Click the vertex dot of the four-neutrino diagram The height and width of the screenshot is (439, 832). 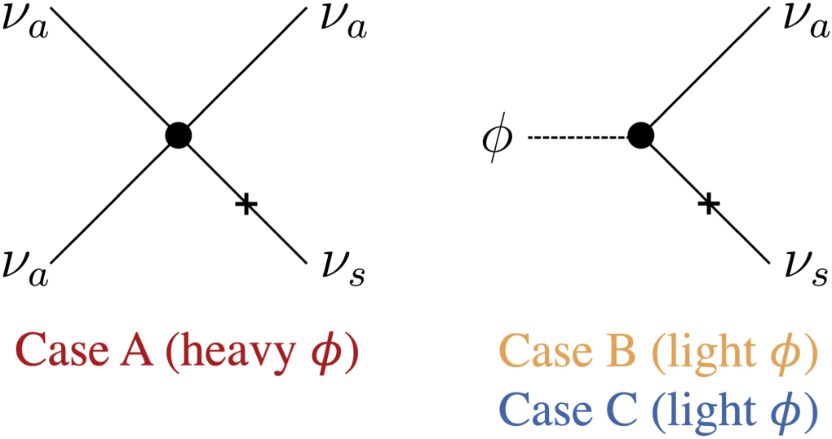click(x=178, y=135)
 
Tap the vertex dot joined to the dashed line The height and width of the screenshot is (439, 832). click(x=641, y=135)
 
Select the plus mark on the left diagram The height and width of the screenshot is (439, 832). click(x=243, y=204)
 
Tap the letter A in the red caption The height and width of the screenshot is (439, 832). click(x=129, y=353)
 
